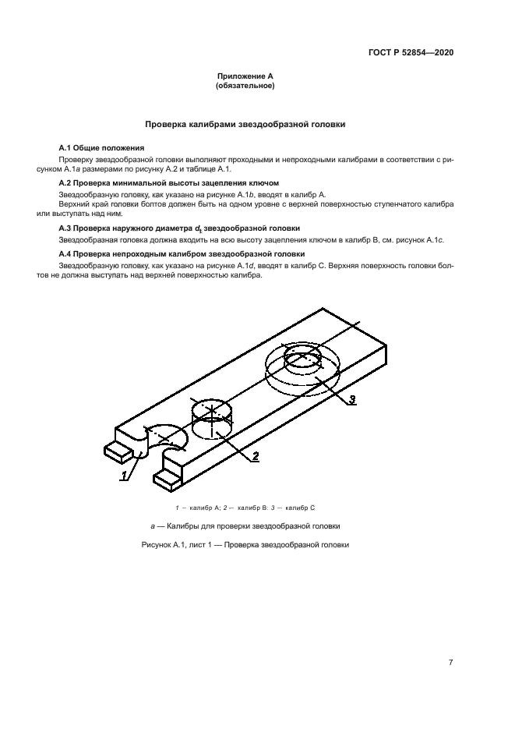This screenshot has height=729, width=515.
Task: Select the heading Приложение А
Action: [x=245, y=77]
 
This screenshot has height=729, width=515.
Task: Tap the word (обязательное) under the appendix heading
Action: [x=245, y=87]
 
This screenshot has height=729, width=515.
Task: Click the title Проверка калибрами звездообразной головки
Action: [x=245, y=124]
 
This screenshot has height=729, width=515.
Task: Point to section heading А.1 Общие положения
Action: [x=101, y=147]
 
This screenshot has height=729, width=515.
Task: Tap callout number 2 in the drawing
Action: [x=254, y=457]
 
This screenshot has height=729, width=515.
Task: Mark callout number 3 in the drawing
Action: [x=351, y=399]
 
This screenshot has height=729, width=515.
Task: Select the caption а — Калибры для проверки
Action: [x=245, y=526]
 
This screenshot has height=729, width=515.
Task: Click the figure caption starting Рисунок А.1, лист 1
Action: [x=245, y=544]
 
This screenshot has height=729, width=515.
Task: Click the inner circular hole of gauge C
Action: [x=302, y=361]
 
